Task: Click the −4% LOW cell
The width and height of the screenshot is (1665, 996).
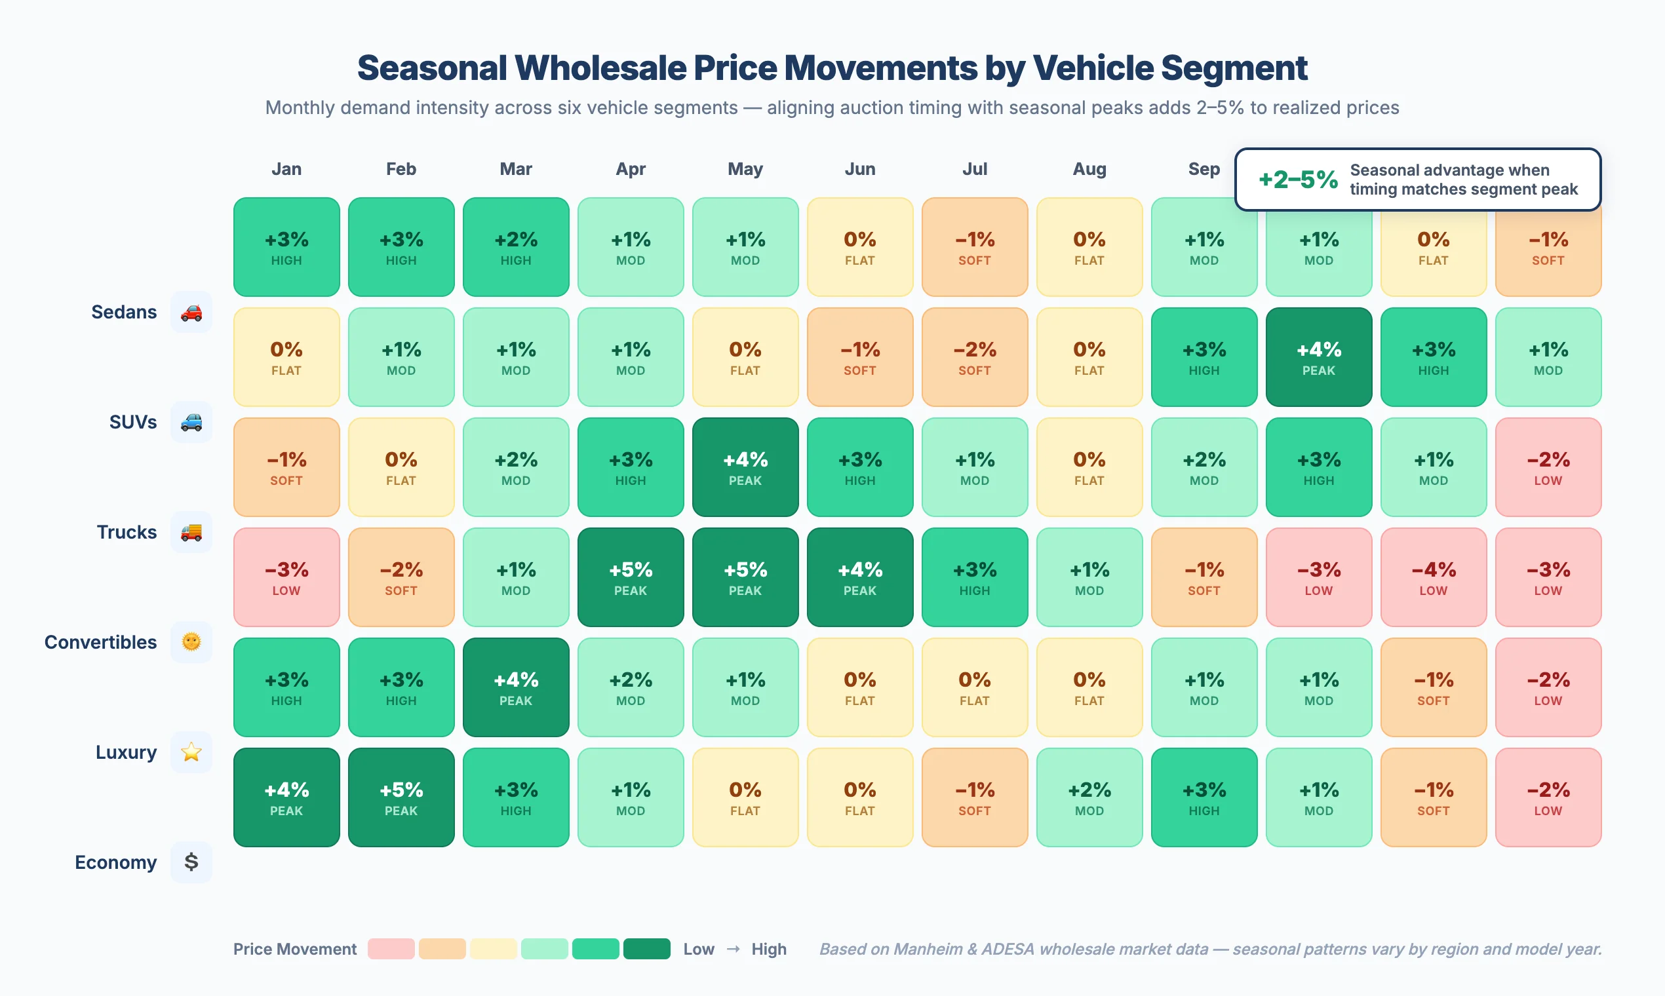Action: point(1433,577)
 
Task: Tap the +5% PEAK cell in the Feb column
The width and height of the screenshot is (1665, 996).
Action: point(401,797)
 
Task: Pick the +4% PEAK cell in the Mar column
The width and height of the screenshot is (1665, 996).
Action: point(516,687)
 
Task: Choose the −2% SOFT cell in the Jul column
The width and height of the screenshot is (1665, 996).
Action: point(974,357)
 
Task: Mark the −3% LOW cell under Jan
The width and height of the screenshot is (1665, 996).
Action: point(286,577)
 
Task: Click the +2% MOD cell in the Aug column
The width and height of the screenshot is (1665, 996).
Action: point(1089,797)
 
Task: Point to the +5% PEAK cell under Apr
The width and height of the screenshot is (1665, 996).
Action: point(631,577)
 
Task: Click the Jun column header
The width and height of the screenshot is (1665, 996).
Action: point(859,169)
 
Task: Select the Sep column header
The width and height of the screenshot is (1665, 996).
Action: point(1203,169)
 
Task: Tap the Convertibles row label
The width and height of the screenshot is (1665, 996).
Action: point(101,642)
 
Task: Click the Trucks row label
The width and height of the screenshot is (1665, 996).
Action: point(127,532)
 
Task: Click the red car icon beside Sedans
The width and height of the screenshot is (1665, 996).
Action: point(191,312)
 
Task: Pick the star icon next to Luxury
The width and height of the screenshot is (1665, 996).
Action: point(191,752)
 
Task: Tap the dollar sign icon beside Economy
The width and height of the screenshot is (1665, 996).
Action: point(191,862)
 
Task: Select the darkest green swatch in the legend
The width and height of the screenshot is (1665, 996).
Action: point(646,949)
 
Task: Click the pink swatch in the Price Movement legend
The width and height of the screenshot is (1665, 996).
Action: point(391,949)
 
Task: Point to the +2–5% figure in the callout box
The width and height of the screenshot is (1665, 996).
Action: point(1297,180)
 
